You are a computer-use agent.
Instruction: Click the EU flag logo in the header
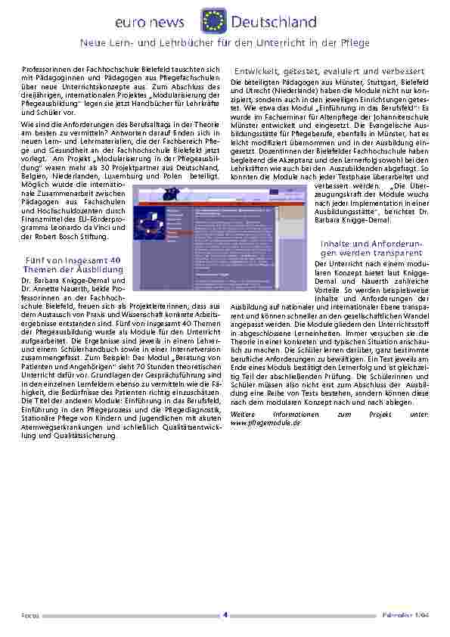point(213,20)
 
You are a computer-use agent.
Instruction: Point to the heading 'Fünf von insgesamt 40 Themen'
point(73,264)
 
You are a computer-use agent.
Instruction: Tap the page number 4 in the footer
point(225,614)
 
